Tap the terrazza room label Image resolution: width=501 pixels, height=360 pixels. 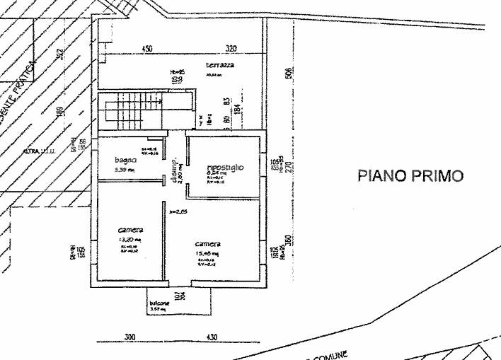pyautogui.click(x=220, y=65)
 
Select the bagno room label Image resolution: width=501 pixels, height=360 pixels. pyautogui.click(x=125, y=161)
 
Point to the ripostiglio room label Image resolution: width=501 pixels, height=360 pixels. pyautogui.click(x=225, y=168)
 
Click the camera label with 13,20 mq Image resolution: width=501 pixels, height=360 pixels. pyautogui.click(x=131, y=231)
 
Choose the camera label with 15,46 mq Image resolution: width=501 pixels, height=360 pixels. pyautogui.click(x=208, y=245)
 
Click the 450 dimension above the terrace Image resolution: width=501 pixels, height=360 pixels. pyautogui.click(x=146, y=49)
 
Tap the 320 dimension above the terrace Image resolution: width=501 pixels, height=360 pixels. pyautogui.click(x=231, y=49)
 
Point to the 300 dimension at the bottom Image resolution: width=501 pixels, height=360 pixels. pyautogui.click(x=129, y=337)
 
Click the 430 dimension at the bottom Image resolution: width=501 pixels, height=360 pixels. pyautogui.click(x=212, y=337)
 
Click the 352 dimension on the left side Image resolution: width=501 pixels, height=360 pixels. pyautogui.click(x=61, y=54)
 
